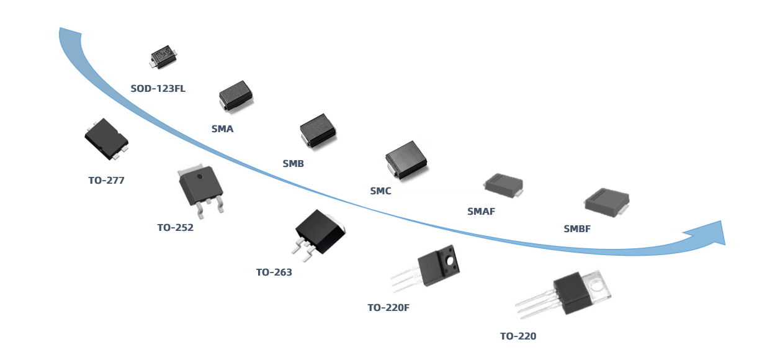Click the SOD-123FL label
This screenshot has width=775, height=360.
click(x=158, y=89)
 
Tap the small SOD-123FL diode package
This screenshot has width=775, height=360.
click(x=163, y=56)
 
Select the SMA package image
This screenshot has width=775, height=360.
click(x=236, y=96)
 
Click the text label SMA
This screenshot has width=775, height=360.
click(x=222, y=129)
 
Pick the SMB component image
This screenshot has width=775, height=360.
click(x=318, y=130)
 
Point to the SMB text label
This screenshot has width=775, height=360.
click(x=293, y=164)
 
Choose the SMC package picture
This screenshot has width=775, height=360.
click(x=406, y=160)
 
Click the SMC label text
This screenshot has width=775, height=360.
click(x=380, y=191)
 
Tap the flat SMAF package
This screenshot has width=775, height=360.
click(x=504, y=185)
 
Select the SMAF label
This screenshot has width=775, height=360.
click(x=481, y=212)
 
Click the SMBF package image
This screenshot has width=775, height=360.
click(x=607, y=202)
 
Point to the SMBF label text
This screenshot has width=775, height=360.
click(x=577, y=229)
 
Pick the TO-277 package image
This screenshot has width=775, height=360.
click(x=106, y=138)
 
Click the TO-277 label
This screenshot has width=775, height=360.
click(x=106, y=181)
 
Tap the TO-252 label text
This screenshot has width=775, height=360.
click(x=175, y=228)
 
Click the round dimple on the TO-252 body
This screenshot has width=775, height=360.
click(x=200, y=176)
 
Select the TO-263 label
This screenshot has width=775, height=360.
click(x=274, y=272)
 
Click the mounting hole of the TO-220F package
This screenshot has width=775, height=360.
click(x=450, y=261)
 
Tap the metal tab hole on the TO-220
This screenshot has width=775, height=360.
click(x=597, y=287)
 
